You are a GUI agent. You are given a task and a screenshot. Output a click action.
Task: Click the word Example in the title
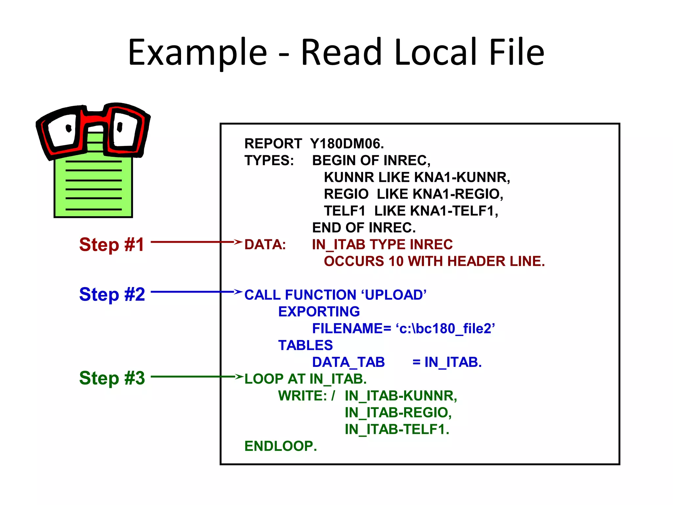[x=197, y=53]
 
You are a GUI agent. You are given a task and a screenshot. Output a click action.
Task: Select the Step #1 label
[x=112, y=245]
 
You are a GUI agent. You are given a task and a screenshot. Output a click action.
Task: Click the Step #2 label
[x=112, y=294]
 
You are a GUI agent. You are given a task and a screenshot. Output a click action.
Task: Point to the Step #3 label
[x=112, y=378]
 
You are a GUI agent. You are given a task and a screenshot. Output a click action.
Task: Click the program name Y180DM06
[x=347, y=144]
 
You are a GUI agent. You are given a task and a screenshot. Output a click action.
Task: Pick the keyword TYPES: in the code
[x=269, y=160]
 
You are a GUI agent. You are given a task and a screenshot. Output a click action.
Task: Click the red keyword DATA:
[x=265, y=245]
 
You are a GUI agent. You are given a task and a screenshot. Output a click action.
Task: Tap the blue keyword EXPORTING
[x=319, y=312]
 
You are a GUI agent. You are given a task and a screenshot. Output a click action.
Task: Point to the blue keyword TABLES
[x=305, y=345]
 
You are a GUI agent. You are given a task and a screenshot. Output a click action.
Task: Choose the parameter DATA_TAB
[x=348, y=362]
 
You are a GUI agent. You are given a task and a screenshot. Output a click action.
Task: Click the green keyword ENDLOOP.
[x=281, y=446]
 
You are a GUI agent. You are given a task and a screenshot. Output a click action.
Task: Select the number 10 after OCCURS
[x=396, y=261]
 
